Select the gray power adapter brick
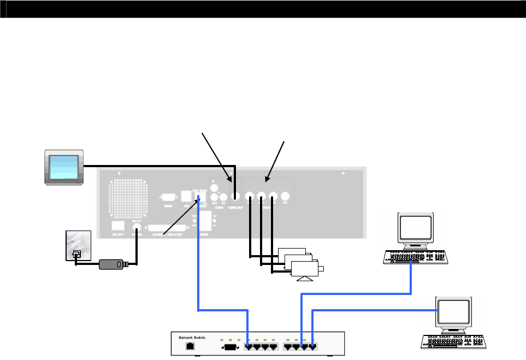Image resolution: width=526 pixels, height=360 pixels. (x=111, y=265)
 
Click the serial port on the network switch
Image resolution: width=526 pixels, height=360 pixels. (x=230, y=346)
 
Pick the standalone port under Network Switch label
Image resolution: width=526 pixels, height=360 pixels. (x=190, y=346)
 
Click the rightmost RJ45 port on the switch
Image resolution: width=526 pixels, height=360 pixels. (x=313, y=346)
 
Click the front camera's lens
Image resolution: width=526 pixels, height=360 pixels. (x=321, y=268)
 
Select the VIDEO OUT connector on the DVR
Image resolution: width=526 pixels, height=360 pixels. (x=235, y=195)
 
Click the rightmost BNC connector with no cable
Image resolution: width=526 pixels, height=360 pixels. (x=284, y=196)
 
